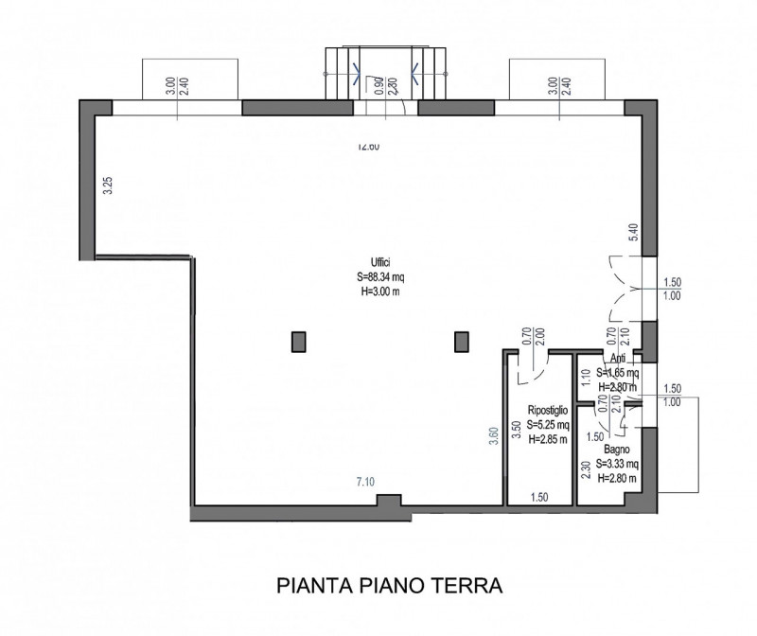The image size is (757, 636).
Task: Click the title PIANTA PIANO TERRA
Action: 390,586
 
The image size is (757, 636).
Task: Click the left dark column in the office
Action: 299,341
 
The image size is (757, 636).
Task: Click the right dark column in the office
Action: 462,341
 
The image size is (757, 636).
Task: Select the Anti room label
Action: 618,359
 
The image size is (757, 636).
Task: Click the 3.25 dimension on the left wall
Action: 108,185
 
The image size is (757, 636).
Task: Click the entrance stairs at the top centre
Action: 385,71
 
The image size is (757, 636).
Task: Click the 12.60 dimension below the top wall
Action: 368,147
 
